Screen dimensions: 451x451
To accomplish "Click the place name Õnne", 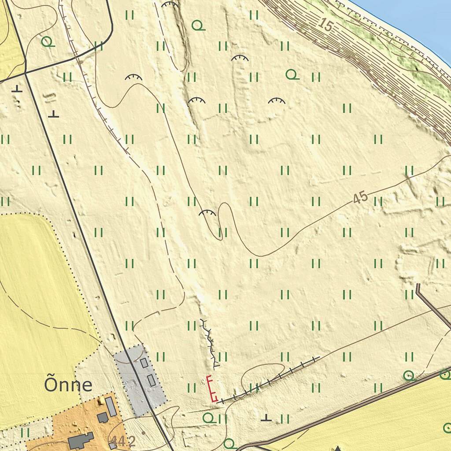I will click(x=68, y=385).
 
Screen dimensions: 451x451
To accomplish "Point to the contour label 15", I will click(x=325, y=26).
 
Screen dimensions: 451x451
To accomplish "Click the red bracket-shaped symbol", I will click(x=212, y=388).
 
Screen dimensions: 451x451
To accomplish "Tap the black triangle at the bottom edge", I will click(x=338, y=448).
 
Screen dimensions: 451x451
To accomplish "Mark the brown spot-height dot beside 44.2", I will click(x=143, y=433).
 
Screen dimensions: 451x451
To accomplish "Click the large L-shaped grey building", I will click(x=81, y=440).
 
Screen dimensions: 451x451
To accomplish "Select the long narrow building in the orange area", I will click(x=111, y=406).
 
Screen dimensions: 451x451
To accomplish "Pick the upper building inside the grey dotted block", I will click(x=144, y=363).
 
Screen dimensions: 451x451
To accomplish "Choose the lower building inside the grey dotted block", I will click(x=151, y=380).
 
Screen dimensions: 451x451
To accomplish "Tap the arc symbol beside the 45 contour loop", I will click(x=207, y=213).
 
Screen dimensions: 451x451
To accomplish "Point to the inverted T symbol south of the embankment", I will click(x=266, y=417).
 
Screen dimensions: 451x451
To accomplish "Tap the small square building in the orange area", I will click(x=103, y=417).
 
